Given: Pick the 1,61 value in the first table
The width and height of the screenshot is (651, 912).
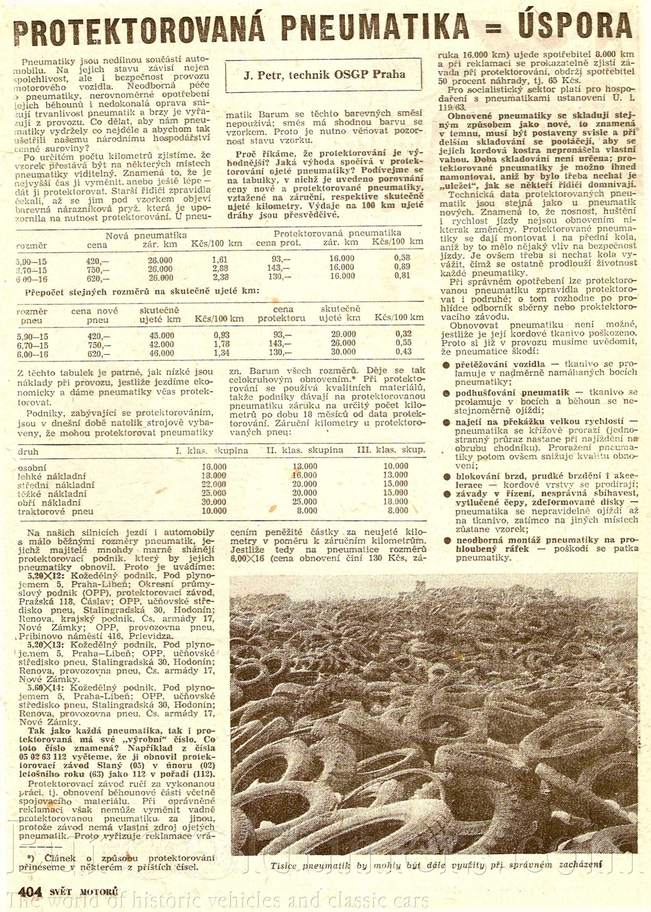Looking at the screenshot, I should [219, 260].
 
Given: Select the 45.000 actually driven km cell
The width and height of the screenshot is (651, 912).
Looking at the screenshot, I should [161, 335].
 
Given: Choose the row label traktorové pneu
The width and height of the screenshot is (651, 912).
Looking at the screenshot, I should [55, 511].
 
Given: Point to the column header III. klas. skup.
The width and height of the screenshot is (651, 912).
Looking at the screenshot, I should [391, 450].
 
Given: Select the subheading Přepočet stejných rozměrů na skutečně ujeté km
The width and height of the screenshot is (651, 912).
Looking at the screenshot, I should [142, 293].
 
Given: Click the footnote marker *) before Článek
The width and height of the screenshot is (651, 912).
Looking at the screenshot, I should [31, 843].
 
